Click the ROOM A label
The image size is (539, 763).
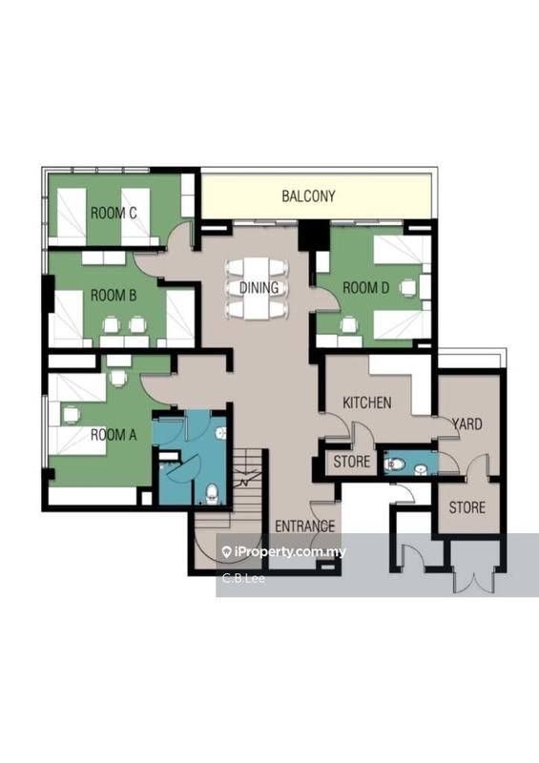coord(114,433)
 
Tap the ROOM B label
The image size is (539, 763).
coord(114,296)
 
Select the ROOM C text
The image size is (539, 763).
coord(114,214)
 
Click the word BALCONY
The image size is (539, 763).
coord(308,196)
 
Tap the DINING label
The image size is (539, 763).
coord(259,287)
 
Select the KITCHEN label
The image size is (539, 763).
coord(367,402)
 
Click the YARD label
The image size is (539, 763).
coord(466,423)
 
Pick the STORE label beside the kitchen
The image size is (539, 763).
coord(352,464)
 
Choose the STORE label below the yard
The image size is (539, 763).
coord(466,507)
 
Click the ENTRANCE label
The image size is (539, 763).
coord(304,526)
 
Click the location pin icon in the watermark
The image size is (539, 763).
coord(227,551)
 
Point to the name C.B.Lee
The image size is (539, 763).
coord(244,578)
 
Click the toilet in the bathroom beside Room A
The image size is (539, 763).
coord(212,493)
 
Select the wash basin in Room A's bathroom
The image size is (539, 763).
coord(220,432)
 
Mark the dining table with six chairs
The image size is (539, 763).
coord(258,288)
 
